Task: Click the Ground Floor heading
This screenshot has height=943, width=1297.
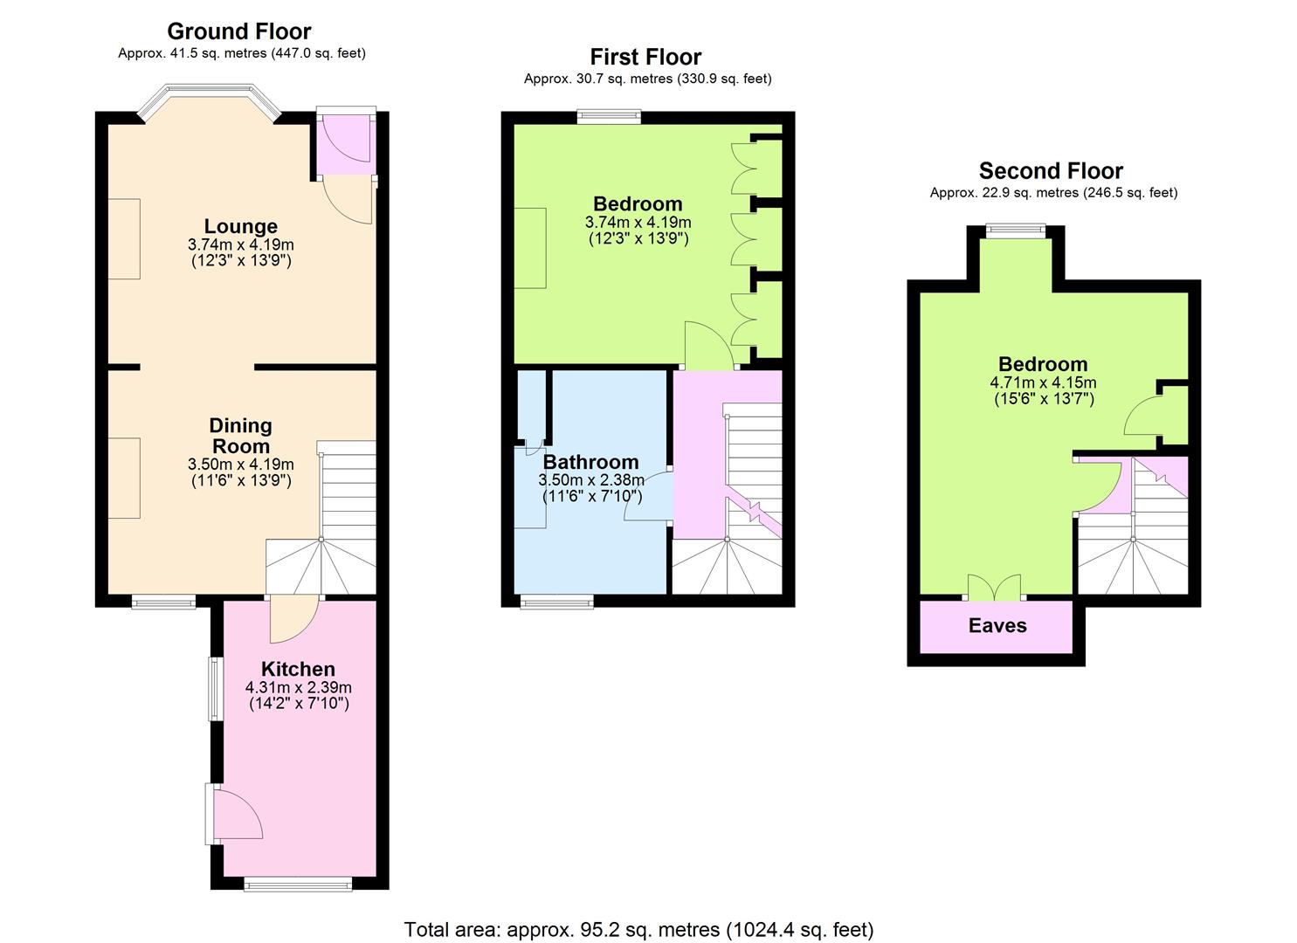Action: click(x=239, y=31)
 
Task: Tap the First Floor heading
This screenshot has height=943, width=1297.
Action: click(x=645, y=57)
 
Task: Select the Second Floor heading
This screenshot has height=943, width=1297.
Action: click(x=1051, y=171)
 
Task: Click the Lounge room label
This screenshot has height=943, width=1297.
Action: click(x=241, y=226)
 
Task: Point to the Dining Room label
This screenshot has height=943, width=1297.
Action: click(x=240, y=436)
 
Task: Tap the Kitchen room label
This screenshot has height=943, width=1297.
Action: click(x=298, y=669)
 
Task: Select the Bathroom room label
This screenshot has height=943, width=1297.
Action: click(x=591, y=461)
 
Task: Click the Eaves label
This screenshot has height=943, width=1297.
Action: click(x=997, y=625)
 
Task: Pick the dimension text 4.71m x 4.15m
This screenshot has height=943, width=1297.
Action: click(x=1044, y=382)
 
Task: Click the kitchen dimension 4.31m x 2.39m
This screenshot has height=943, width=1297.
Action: click(x=299, y=688)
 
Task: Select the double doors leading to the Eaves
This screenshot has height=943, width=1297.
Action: click(x=995, y=587)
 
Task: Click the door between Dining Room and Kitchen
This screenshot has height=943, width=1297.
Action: click(x=293, y=619)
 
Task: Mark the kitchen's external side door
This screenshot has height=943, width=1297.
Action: click(x=233, y=813)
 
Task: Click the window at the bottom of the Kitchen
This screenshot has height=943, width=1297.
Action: click(x=298, y=884)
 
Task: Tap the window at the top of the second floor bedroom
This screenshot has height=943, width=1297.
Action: click(x=1016, y=231)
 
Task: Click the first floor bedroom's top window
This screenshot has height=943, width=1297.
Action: click(x=610, y=117)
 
